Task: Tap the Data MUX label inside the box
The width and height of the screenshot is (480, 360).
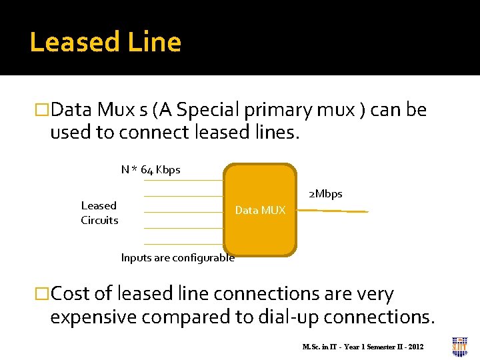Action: point(260,211)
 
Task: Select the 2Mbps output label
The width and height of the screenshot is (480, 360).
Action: point(325,194)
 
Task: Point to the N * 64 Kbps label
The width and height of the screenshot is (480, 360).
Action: point(151,170)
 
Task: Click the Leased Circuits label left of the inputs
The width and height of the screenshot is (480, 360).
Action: point(99,213)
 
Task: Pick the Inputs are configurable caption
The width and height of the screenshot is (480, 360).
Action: point(177,258)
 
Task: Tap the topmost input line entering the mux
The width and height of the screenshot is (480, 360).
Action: point(183,180)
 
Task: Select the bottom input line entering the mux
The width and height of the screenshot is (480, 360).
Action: point(183,244)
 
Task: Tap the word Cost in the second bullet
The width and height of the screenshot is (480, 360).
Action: point(71,294)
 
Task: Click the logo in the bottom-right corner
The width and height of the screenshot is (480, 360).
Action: point(459,347)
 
